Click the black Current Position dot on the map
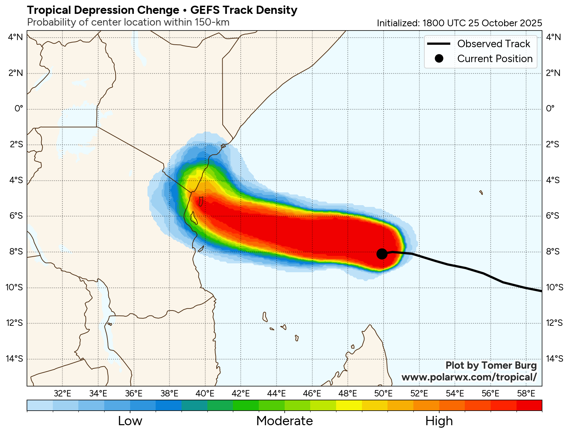[382, 254]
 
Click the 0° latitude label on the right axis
[550, 108]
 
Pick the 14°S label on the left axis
[15, 358]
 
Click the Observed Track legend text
[493, 44]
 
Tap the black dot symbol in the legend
[439, 59]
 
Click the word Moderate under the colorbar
[284, 421]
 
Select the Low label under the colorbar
[130, 421]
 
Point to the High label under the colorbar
[439, 421]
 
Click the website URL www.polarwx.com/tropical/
[469, 377]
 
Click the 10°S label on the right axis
[554, 287]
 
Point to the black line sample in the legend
[439, 44]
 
